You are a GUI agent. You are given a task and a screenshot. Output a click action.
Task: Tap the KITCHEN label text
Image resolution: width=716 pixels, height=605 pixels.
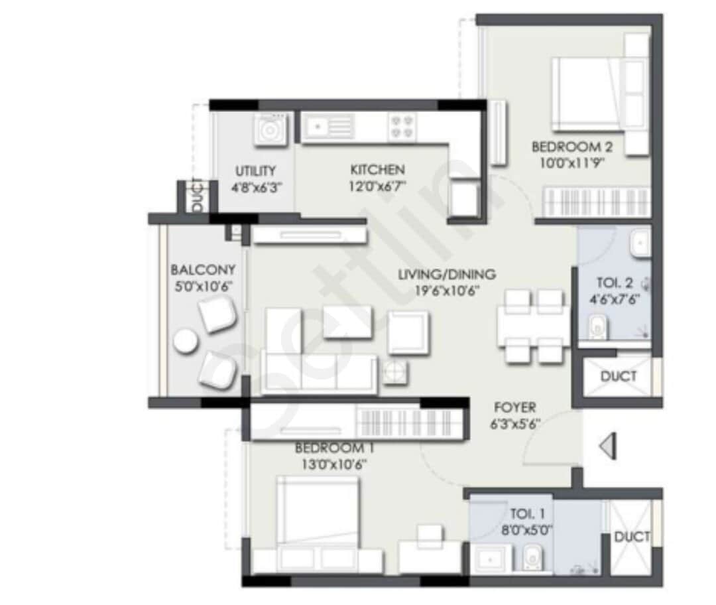(x=377, y=170)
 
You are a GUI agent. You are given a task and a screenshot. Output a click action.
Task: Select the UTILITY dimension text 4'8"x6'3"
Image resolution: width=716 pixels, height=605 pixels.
(x=255, y=187)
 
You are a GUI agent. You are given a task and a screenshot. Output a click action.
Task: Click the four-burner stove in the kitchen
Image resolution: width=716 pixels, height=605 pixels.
(x=403, y=127)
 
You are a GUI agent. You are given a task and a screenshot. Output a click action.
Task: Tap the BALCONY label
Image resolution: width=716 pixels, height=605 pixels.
(x=203, y=270)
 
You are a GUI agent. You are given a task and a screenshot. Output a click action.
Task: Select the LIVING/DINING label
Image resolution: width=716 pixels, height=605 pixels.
(x=447, y=274)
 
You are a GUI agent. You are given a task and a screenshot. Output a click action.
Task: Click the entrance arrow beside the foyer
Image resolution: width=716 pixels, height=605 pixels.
(x=607, y=446)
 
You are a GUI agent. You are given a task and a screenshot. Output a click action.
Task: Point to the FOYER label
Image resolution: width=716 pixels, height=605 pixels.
(x=514, y=407)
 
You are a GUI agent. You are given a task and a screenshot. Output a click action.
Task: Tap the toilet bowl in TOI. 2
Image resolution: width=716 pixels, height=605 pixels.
(x=597, y=326)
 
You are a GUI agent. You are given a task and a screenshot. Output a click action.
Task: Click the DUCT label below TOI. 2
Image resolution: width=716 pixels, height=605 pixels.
(x=618, y=376)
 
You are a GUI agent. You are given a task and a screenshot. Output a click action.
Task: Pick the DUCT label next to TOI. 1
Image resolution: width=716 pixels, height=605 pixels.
(x=632, y=537)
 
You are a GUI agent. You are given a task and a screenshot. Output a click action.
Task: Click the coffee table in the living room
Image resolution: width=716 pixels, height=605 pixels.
(x=347, y=322)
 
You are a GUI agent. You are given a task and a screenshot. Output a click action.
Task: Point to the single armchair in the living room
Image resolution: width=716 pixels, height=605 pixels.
(x=408, y=332)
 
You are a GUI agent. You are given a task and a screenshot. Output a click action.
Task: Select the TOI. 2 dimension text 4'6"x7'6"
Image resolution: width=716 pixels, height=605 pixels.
(x=613, y=298)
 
